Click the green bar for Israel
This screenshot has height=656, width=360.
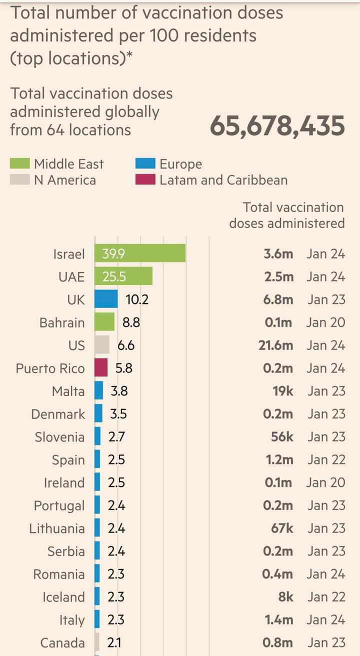[140, 253]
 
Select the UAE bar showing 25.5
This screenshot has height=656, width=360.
[123, 276]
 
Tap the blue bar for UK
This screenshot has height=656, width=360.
[106, 299]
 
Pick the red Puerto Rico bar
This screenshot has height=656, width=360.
[101, 367]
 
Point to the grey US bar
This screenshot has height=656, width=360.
[102, 345]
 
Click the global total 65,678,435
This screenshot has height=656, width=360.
[277, 125]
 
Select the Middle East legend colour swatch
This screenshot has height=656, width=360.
[20, 164]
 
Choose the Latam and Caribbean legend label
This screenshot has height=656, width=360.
[223, 180]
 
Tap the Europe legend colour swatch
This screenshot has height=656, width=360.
[145, 164]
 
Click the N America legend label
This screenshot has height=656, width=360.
[65, 180]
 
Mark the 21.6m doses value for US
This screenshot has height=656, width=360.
[276, 345]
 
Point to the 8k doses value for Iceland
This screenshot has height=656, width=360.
[285, 597]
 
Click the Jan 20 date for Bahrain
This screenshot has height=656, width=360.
[325, 322]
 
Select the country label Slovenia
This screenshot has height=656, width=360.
[59, 437]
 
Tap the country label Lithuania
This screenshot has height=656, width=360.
[57, 528]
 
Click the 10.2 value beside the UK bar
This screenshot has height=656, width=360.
[137, 299]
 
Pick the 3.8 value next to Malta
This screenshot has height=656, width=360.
[119, 391]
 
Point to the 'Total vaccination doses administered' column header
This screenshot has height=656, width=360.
[287, 215]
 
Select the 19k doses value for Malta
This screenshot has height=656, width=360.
[283, 391]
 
